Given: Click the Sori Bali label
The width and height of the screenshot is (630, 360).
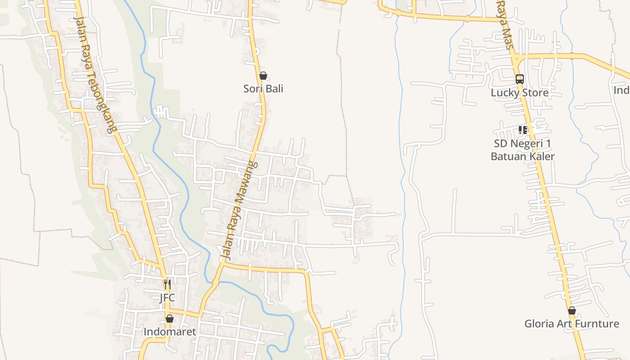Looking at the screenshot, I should pos(263,89).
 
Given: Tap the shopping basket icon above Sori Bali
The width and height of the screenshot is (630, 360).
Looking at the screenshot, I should pos(263,76).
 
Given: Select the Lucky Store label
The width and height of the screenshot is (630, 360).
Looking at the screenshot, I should pos(520,93).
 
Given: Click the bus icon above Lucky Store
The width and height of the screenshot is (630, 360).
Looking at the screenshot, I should pos(520,79).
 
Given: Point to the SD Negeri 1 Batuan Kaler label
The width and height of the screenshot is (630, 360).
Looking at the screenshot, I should pos(522,150).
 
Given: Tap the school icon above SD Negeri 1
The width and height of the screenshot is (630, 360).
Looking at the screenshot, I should pos(522,130).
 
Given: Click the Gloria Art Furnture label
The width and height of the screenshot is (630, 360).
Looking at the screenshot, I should pos(571,324).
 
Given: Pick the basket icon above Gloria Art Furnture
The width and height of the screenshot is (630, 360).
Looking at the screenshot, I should pos(571,310).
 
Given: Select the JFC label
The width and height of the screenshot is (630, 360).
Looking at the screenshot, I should pos(167,298).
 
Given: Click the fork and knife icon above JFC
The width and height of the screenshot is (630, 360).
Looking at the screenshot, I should pos(167,284).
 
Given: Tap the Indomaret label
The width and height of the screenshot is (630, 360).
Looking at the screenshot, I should pos(170,332).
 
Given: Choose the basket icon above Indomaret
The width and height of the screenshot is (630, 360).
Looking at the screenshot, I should pos(170,319).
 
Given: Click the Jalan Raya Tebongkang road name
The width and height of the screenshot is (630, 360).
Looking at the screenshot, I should pos(95,74).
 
